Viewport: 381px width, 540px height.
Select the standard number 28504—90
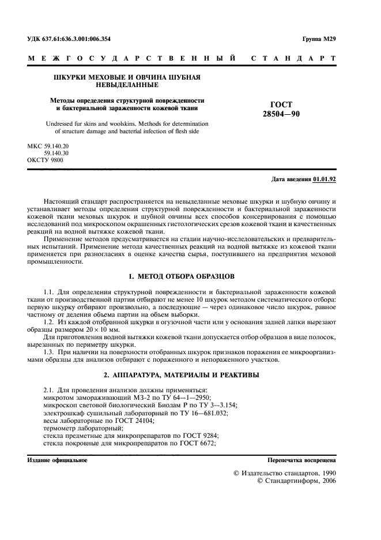coord(281,114)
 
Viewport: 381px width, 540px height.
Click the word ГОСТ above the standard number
coord(281,104)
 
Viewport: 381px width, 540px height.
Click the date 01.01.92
coord(324,179)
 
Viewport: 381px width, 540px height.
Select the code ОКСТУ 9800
coord(46,159)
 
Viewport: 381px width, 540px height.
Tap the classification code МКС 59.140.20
coord(48,146)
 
